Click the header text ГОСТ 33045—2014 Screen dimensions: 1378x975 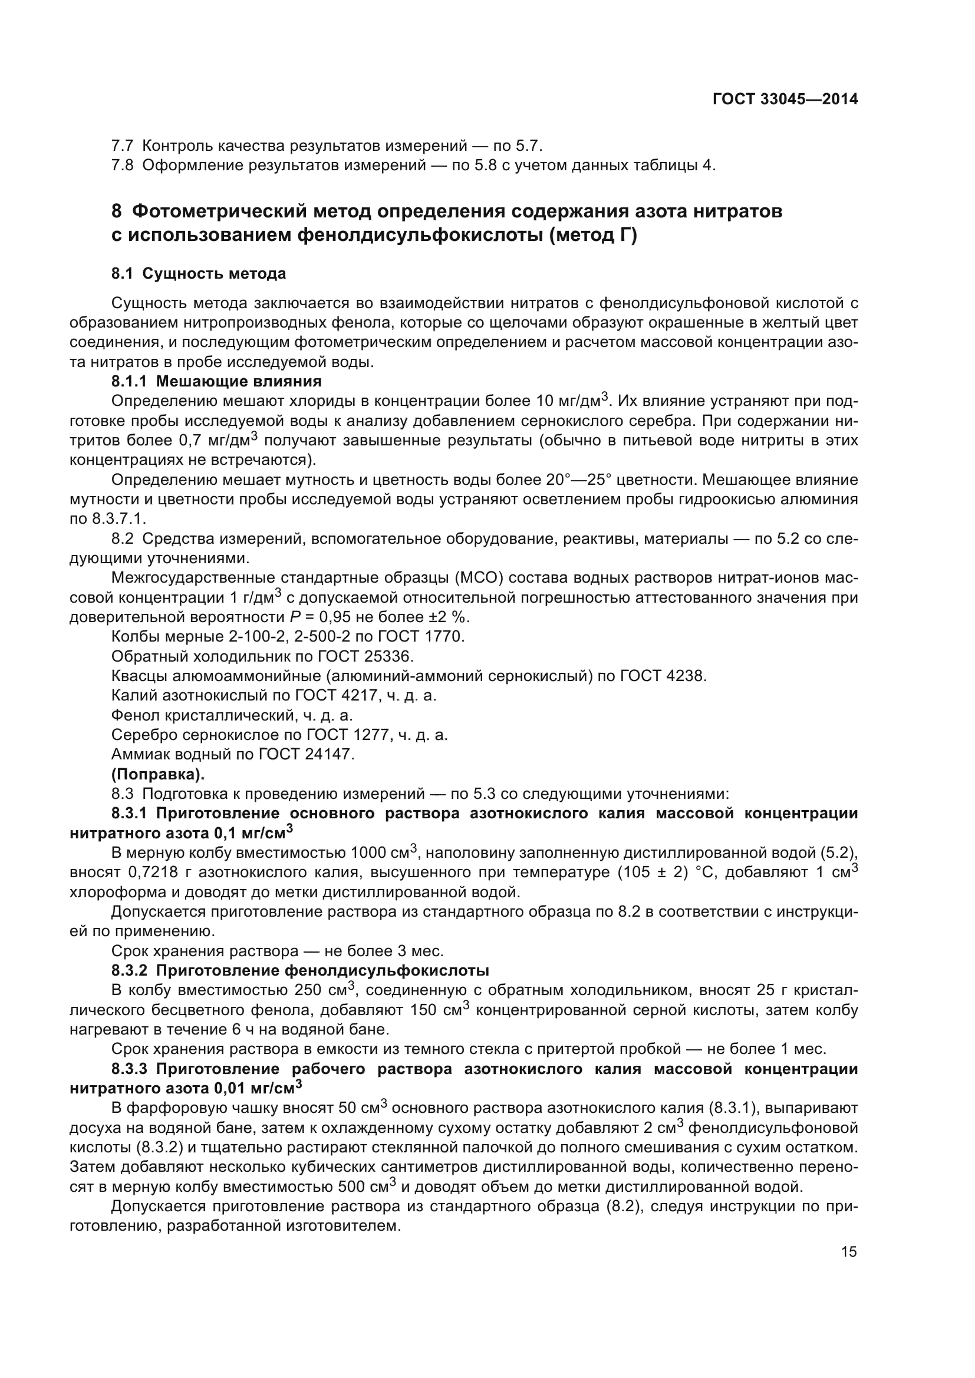pos(785,99)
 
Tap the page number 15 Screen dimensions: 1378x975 pos(849,1251)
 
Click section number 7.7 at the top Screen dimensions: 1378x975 pos(123,146)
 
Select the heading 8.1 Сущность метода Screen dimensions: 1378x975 pos(199,275)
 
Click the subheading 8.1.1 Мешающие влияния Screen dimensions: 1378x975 pos(217,381)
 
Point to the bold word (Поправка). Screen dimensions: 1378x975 pos(158,774)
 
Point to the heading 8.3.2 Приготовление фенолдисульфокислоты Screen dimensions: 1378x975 pos(300,970)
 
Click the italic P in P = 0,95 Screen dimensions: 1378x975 pos(293,617)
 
